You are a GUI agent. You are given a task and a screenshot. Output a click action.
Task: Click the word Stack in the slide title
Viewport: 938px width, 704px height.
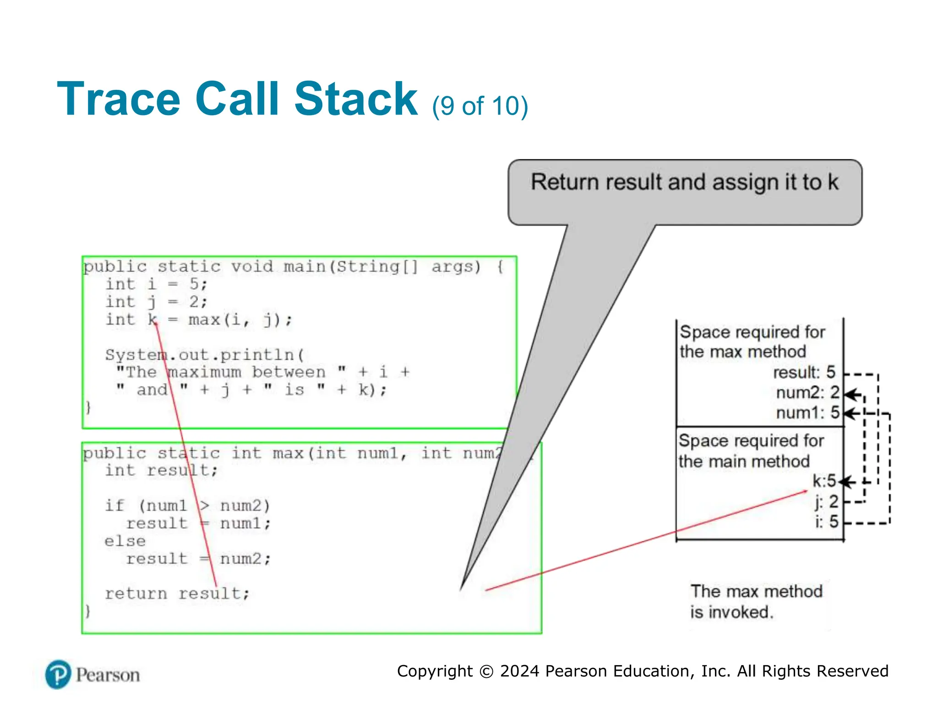pos(355,99)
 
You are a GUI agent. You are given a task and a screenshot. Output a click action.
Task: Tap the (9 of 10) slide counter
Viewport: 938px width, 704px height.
pos(480,106)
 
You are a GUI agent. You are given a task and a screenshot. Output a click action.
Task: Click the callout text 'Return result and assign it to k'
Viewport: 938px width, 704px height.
pos(684,182)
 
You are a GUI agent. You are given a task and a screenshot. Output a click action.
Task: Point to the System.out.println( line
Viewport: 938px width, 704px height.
pos(204,355)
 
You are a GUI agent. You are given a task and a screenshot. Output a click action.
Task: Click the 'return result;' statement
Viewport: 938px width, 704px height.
pos(177,594)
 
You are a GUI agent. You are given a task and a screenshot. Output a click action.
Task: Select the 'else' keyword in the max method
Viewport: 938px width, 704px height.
pos(125,541)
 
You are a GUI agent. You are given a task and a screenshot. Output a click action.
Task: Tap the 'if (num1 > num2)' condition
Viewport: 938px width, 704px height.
pos(188,506)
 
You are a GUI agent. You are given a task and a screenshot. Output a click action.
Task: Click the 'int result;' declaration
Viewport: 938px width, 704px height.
pos(161,470)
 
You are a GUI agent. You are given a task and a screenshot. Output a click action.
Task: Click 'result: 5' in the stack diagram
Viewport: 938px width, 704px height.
pos(804,372)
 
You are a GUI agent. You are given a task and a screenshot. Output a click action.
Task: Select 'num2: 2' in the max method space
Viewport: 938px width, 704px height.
pos(807,393)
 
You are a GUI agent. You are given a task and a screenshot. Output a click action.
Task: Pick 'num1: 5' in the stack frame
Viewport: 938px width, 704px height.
pos(807,413)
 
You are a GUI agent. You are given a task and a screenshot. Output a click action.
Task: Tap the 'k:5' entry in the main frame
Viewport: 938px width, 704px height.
pos(824,481)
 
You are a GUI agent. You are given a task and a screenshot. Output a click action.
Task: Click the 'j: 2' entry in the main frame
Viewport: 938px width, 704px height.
pos(827,502)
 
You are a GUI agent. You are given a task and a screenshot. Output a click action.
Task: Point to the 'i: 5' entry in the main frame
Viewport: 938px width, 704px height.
pos(827,522)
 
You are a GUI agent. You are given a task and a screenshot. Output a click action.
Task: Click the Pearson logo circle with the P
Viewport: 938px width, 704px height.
pos(58,675)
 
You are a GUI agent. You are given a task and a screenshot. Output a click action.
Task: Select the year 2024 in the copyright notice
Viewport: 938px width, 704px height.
pos(520,671)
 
